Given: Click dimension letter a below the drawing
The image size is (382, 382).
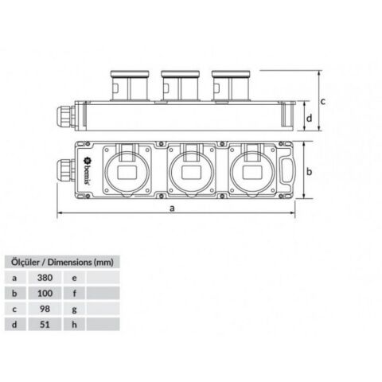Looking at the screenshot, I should (173, 208).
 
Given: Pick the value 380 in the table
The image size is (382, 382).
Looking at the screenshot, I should (46, 278).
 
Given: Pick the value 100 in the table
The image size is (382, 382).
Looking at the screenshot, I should (46, 294).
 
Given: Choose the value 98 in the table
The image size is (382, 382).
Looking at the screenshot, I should (46, 309).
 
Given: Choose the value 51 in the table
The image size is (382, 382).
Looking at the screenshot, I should (46, 324).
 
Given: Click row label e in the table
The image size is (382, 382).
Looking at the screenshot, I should (73, 278).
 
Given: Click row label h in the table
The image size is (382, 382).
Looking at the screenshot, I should (73, 324).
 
